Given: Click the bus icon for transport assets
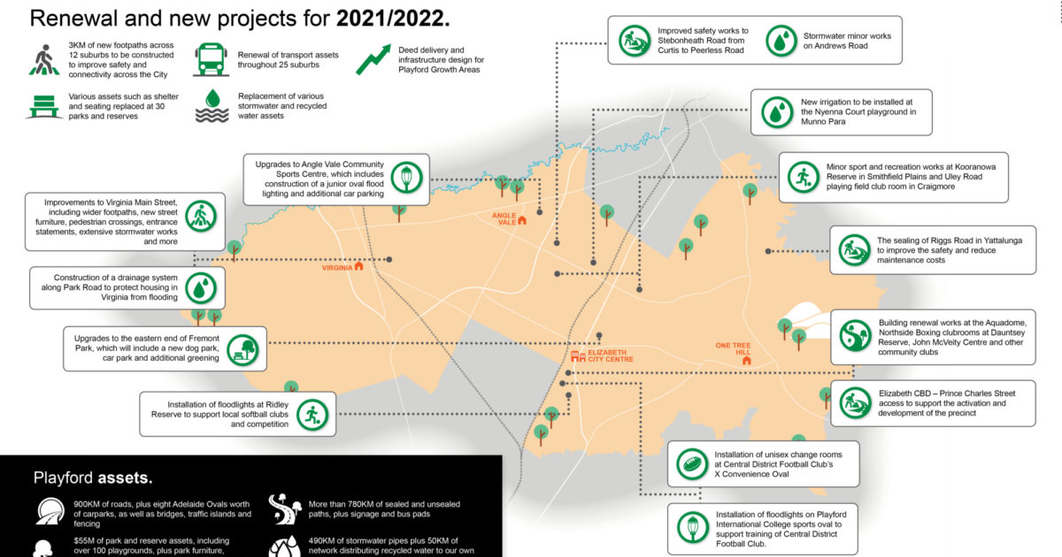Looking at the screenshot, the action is [212, 59].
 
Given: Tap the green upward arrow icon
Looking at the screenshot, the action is [373, 60].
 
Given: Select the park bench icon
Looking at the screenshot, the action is [44, 107].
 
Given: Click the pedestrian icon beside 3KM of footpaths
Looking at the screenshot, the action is [44, 60].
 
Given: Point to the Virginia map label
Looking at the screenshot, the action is [337, 268].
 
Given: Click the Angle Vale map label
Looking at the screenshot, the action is [504, 219].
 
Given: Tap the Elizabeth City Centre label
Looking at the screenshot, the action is [611, 355].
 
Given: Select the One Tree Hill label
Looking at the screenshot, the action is [733, 348].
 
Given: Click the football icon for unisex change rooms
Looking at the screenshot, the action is [692, 464].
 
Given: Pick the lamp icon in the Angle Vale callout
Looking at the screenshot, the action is [407, 178].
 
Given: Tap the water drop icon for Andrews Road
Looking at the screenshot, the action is [781, 41].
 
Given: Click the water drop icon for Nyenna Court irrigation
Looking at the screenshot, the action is [777, 112].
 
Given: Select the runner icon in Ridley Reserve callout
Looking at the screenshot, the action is [312, 415].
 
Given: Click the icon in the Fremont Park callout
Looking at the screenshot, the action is [242, 350].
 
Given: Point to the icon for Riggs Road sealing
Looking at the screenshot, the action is [854, 250].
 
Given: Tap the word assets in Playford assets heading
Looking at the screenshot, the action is [125, 478].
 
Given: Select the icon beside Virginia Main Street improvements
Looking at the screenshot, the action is [201, 217].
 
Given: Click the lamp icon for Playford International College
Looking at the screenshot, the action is [693, 527].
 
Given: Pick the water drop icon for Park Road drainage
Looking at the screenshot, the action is [201, 288].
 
